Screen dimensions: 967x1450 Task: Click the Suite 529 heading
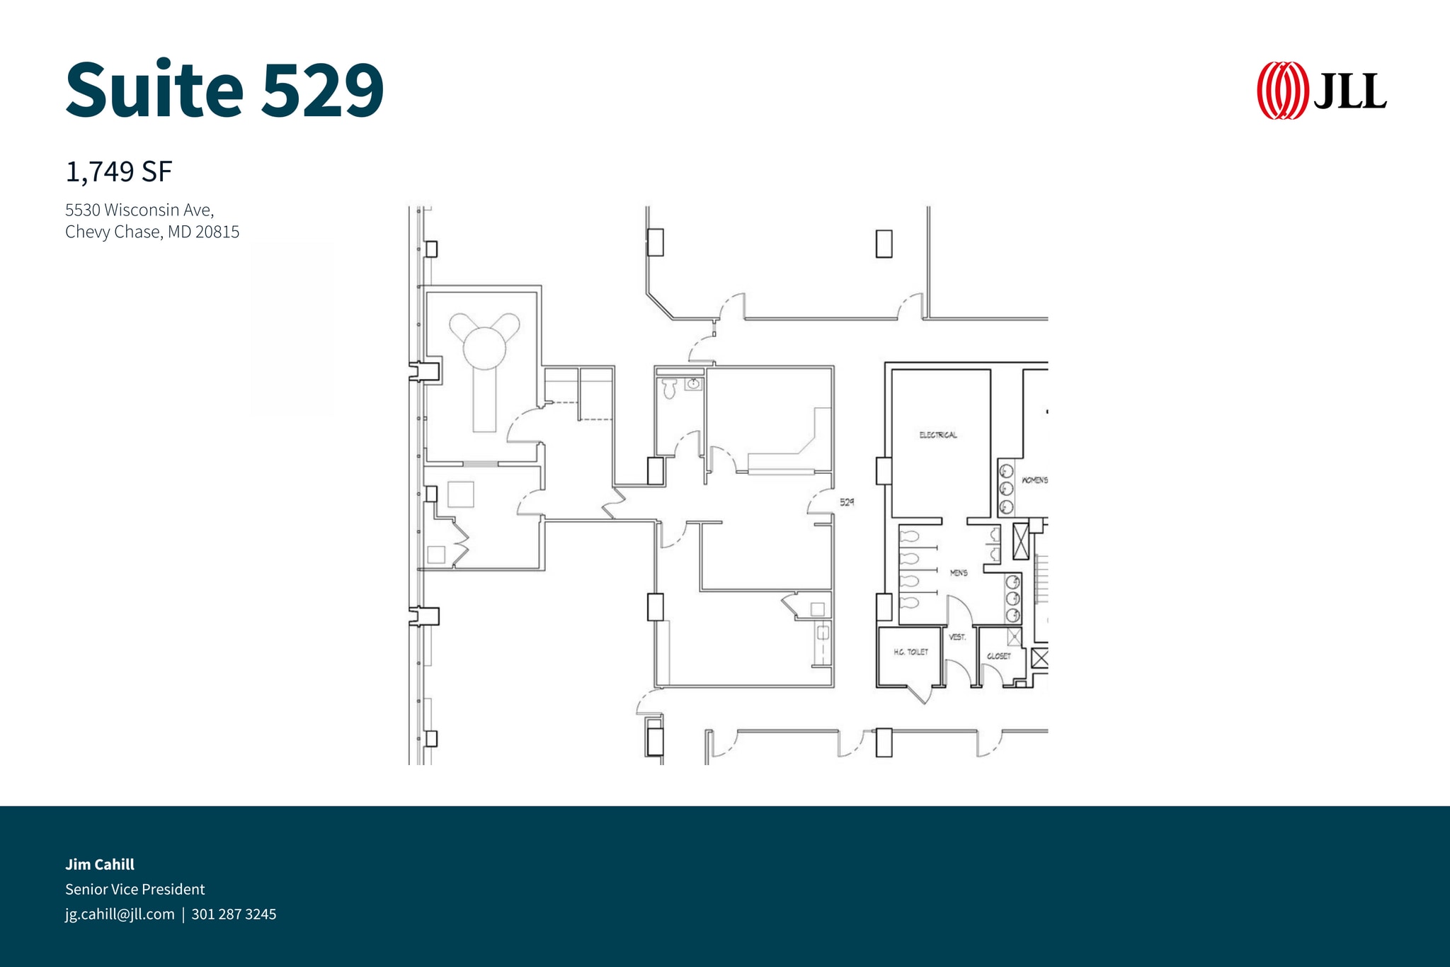coord(224,90)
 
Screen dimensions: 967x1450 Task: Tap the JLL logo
coord(1321,91)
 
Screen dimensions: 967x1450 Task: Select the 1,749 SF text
coord(119,171)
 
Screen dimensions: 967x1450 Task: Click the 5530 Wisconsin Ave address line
coord(139,210)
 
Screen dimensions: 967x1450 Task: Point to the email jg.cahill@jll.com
coord(120,914)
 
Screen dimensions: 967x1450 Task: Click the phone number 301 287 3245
coord(234,914)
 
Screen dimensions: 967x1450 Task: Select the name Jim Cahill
coord(100,864)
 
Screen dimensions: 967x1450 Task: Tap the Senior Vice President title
coord(135,889)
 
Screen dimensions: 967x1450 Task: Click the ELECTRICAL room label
coord(938,435)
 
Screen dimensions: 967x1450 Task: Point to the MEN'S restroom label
coord(959,572)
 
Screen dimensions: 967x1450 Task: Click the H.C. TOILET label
coord(910,652)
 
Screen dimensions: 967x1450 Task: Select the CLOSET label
coord(998,656)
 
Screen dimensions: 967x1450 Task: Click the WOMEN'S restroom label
coord(1034,480)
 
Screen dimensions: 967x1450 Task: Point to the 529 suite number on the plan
coord(847,502)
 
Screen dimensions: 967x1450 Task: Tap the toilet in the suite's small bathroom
coord(669,388)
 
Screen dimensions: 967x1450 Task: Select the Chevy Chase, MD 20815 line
coord(152,232)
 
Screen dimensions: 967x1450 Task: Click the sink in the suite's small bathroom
coord(693,385)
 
